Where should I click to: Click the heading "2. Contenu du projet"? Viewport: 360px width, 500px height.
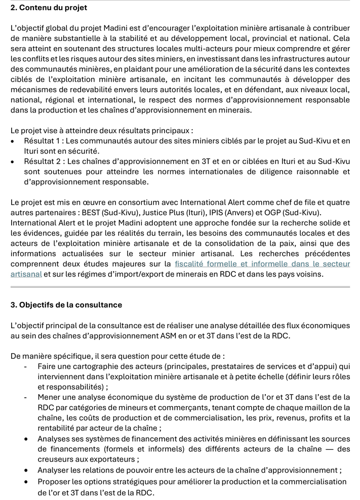(49, 8)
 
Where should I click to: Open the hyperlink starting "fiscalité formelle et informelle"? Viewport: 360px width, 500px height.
(262, 264)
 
